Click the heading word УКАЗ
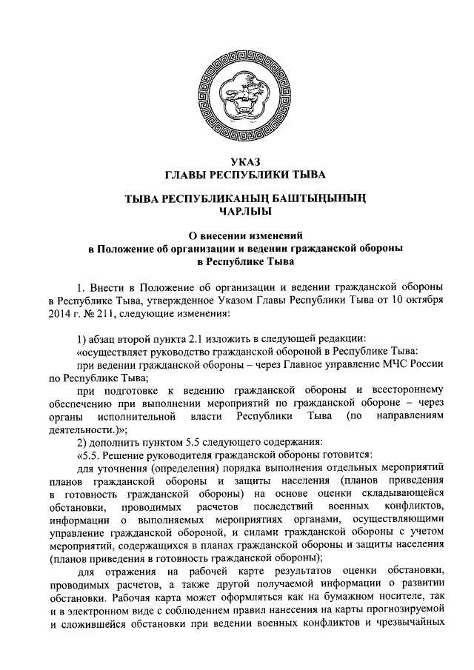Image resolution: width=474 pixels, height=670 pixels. tap(237, 161)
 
